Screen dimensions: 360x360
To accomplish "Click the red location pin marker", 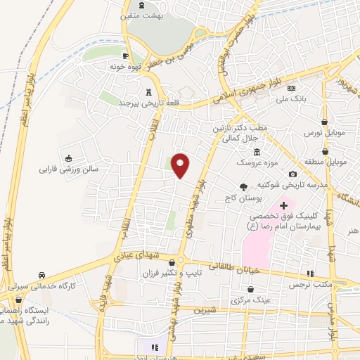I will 181,165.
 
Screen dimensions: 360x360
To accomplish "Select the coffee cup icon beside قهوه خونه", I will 125,56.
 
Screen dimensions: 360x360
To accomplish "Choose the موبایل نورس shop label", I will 323,131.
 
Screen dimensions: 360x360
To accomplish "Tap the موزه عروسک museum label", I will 257,162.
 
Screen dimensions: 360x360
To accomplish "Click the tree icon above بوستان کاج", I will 243,186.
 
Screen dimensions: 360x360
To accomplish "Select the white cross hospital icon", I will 283,205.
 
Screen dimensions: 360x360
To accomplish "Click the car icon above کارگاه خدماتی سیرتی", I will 42,275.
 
